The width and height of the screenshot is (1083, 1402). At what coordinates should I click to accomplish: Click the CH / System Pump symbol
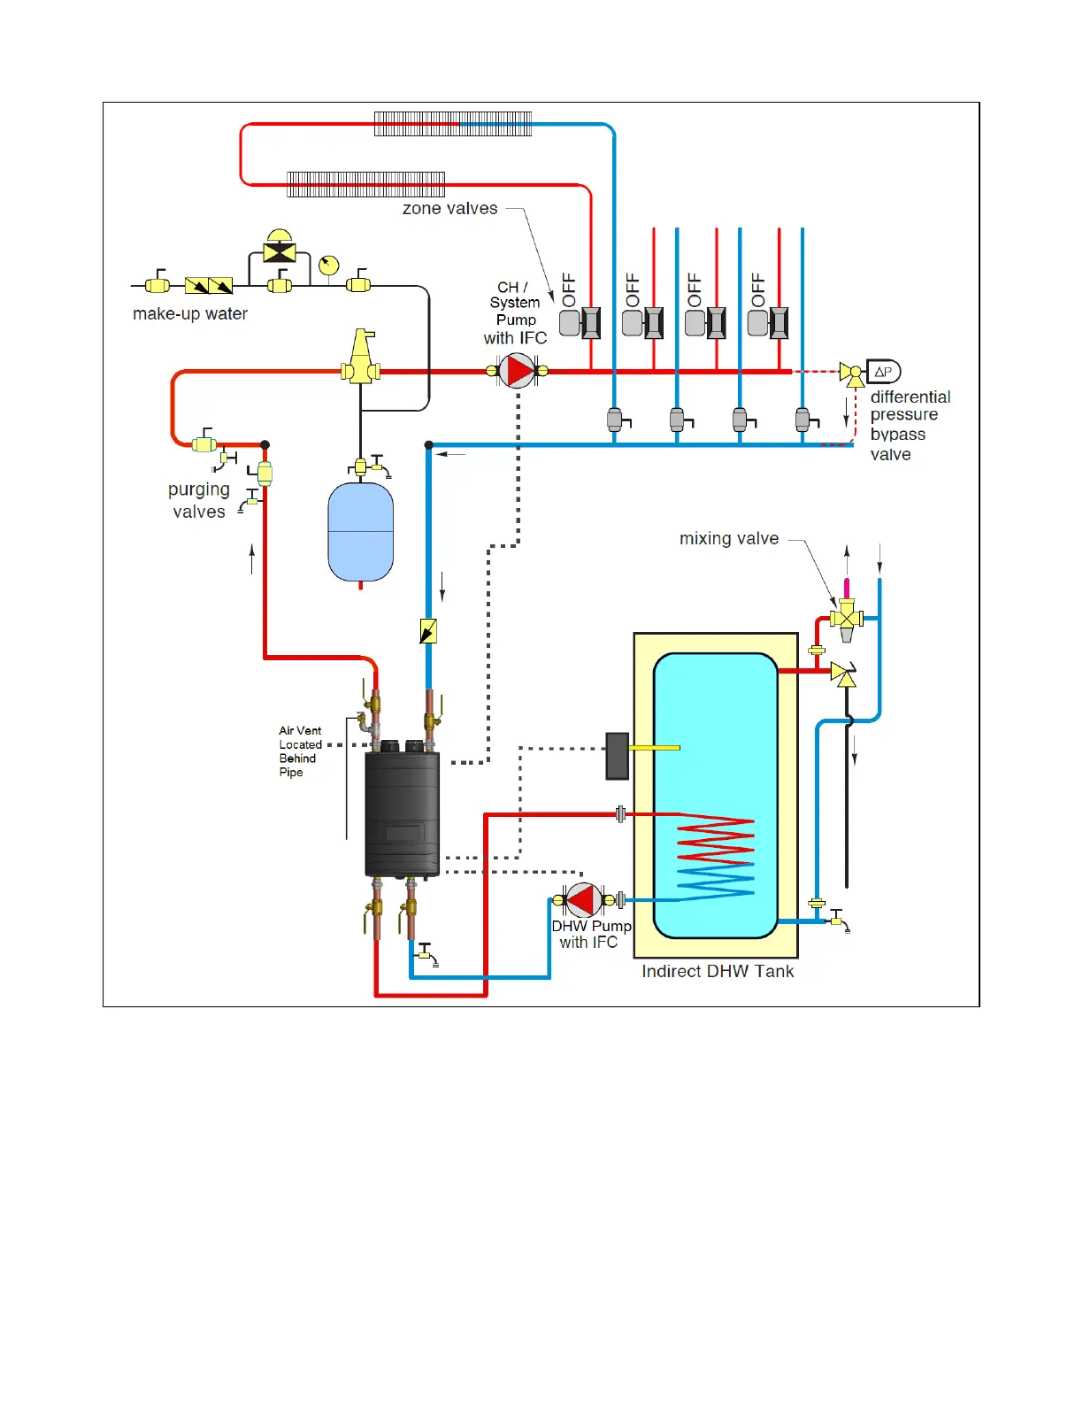point(517,371)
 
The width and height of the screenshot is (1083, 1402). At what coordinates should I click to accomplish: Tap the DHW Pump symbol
point(584,900)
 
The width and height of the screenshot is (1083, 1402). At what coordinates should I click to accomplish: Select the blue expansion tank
point(360,532)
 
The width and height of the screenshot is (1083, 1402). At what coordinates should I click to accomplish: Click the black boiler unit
point(403,813)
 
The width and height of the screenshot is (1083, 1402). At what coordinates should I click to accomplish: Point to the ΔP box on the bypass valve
point(883,372)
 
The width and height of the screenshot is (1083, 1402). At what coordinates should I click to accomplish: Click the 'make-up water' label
point(190,313)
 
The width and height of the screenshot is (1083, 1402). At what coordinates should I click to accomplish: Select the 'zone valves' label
point(449,209)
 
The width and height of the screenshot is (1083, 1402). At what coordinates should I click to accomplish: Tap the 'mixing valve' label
point(729,538)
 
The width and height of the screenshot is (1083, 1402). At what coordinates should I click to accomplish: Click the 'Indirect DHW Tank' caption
point(718,971)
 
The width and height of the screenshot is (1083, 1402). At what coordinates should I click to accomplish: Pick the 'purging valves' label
point(199,500)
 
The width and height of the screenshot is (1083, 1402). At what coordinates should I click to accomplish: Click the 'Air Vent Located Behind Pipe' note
point(300,751)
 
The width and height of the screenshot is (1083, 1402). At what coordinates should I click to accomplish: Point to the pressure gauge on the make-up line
point(328,265)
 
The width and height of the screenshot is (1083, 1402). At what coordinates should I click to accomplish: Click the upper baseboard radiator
point(453,124)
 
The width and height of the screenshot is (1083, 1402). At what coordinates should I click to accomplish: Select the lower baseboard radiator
point(366,184)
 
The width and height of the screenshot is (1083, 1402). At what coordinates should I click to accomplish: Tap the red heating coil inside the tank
point(715,841)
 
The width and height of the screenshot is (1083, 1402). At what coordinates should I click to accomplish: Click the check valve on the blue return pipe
point(428,631)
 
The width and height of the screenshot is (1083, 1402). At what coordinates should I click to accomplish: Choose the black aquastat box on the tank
point(617,756)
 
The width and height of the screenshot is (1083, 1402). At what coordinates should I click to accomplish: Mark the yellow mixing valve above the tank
point(847,615)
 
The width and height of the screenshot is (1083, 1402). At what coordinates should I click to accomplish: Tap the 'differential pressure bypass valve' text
point(910,425)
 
